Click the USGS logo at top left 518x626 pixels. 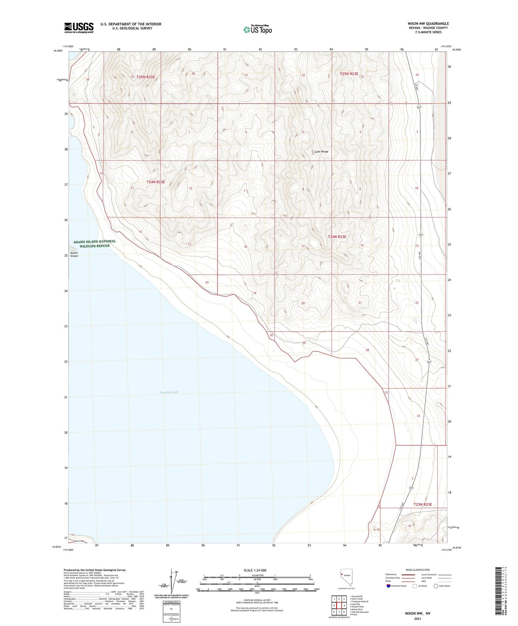[x=79, y=28]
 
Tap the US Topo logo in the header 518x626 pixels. [x=257, y=29]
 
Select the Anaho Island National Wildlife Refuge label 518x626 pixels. [x=95, y=243]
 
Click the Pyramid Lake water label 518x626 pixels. [x=169, y=392]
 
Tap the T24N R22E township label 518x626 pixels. [x=156, y=182]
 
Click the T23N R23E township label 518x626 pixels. [x=423, y=504]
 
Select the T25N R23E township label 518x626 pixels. [x=349, y=73]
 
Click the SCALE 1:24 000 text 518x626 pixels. [x=255, y=570]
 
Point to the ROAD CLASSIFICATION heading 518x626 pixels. [x=418, y=570]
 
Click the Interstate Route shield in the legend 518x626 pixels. [x=389, y=586]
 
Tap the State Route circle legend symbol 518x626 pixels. [x=436, y=586]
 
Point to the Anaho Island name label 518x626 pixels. [x=74, y=254]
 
